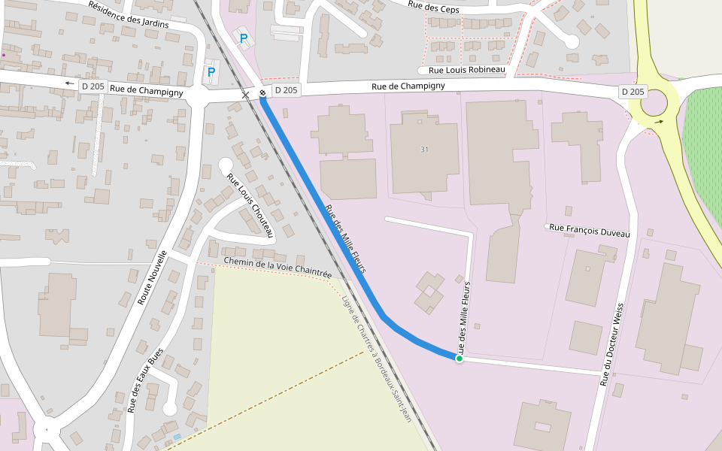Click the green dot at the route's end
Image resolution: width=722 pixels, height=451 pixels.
click(459, 359)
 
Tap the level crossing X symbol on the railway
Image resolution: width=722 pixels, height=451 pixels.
click(245, 95)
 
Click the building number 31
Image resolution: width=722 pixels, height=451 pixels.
click(424, 150)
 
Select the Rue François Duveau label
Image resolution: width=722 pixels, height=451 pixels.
click(589, 229)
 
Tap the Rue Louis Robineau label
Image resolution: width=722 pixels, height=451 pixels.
click(466, 70)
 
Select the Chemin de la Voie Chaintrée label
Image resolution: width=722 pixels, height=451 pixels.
click(278, 265)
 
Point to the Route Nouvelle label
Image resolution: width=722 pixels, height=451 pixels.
click(152, 278)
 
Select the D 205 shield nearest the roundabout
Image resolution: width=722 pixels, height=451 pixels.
click(633, 92)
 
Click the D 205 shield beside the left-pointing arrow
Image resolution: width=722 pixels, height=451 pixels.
click(94, 86)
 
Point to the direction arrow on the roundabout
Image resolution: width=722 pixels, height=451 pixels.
click(658, 122)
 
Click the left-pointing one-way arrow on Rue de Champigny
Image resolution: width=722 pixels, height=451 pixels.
click(70, 84)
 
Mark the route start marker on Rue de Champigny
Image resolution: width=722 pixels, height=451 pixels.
click(262, 93)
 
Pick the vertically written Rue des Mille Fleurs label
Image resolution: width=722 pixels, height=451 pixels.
click(466, 315)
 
